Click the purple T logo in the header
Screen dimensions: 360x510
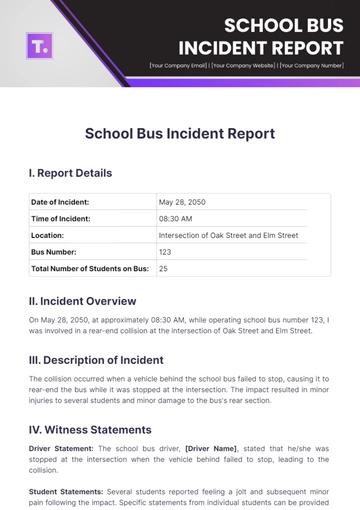coord(44,44)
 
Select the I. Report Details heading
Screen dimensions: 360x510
coord(70,173)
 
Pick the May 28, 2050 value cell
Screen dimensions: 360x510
coord(184,202)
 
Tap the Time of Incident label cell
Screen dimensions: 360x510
coord(64,218)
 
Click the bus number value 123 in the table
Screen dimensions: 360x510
coord(165,252)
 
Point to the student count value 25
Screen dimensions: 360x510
coord(163,269)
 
